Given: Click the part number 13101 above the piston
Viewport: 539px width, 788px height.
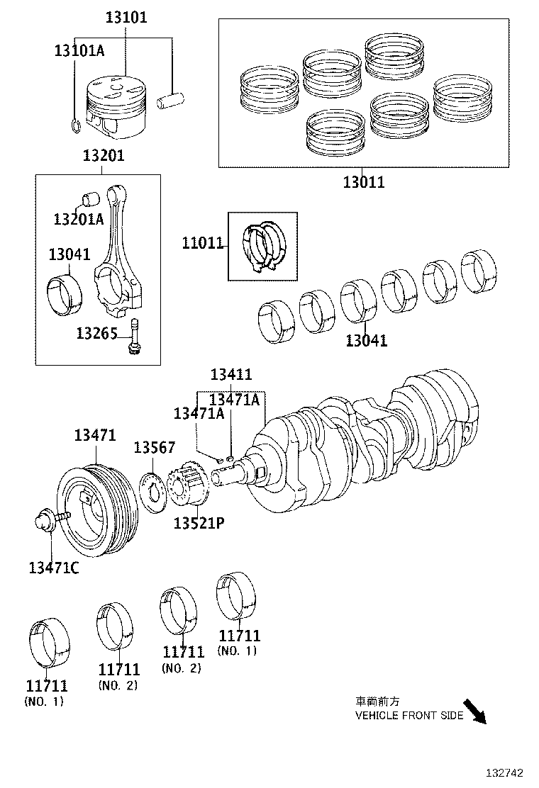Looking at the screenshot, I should (126, 16).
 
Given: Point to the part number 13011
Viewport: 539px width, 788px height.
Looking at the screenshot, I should (364, 181).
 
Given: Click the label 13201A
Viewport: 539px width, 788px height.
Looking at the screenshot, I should (78, 219).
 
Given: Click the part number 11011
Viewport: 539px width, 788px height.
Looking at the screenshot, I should (203, 244).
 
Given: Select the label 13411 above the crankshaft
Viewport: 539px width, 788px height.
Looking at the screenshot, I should (231, 375).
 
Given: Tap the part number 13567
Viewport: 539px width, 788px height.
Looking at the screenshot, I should (155, 447).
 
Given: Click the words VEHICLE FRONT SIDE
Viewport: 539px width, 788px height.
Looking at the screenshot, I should (409, 715).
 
